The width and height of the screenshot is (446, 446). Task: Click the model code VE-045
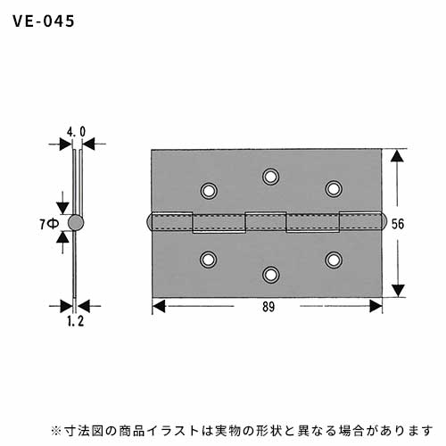44,21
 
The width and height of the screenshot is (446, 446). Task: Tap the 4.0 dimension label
76,132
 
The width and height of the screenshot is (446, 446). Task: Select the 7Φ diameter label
49,224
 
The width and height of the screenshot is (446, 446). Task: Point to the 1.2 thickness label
75,321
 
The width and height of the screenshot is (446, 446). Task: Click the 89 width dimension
268,307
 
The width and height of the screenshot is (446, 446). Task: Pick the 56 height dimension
398,224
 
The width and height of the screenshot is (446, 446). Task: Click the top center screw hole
270,177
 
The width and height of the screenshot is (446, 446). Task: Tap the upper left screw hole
209,191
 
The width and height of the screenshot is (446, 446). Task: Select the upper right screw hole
334,189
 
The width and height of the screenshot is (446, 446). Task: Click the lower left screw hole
209,260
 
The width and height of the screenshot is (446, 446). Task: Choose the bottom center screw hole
270,275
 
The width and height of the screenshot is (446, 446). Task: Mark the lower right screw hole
334,260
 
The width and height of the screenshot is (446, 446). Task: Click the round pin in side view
76,223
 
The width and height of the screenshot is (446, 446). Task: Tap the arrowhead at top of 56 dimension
397,156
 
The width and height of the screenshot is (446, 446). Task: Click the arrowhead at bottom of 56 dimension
398,291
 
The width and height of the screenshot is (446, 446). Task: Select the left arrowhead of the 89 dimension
159,306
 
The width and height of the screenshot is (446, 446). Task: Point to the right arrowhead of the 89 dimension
376,306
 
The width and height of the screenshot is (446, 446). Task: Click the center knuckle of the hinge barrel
266,222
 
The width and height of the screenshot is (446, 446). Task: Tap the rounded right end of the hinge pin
384,221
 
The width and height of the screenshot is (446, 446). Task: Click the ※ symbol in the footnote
56,431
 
